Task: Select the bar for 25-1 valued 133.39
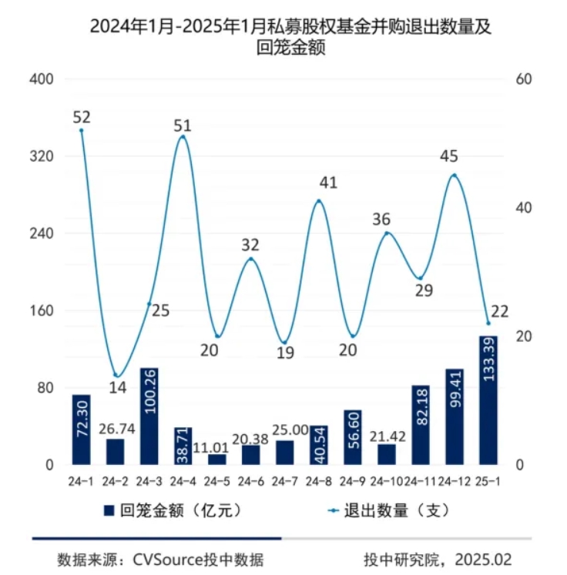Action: [x=488, y=400]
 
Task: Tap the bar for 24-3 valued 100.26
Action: [x=149, y=416]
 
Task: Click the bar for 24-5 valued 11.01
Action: [x=217, y=460]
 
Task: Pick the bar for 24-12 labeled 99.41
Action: [x=454, y=416]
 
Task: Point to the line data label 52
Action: [x=82, y=118]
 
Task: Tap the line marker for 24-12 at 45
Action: [x=455, y=176]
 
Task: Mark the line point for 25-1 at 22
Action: [x=488, y=323]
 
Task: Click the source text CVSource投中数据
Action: [x=165, y=559]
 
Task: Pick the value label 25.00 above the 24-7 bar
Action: [x=284, y=429]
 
